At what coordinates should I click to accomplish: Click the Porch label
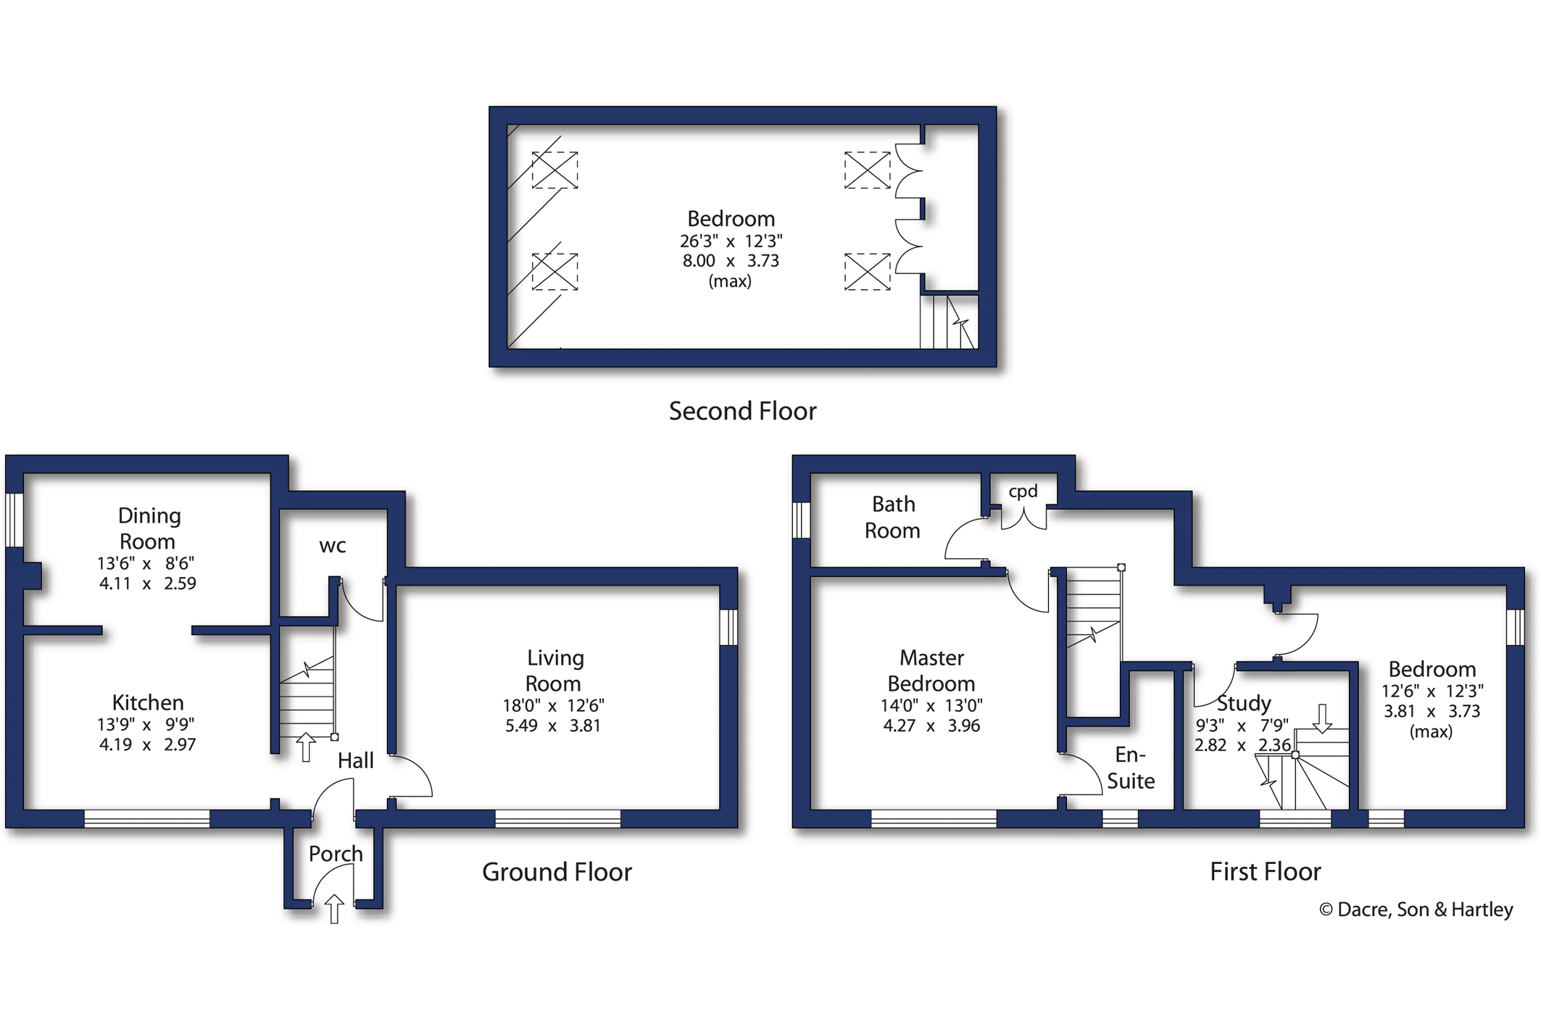click(x=336, y=854)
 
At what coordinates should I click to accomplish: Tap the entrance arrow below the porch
click(x=333, y=909)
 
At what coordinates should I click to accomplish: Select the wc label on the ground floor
click(x=333, y=546)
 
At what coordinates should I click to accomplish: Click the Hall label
click(x=356, y=760)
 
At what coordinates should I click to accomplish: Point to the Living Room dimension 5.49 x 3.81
click(x=553, y=725)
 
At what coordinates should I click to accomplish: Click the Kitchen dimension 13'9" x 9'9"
click(x=146, y=724)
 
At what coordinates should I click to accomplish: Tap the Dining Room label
click(x=149, y=528)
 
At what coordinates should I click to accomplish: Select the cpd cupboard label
click(x=1023, y=491)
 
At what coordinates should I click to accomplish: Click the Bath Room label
click(x=893, y=517)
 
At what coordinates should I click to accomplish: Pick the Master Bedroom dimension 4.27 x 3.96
click(x=931, y=725)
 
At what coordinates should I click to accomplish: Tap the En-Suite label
click(x=1131, y=768)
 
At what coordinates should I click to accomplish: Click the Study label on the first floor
click(x=1244, y=703)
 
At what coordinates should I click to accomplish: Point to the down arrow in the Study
click(x=1323, y=718)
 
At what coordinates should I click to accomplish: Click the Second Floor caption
click(x=742, y=411)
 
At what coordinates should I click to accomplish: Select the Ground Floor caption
click(x=557, y=871)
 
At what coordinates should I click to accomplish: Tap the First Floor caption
click(x=1266, y=871)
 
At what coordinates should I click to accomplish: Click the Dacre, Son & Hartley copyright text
click(x=1416, y=910)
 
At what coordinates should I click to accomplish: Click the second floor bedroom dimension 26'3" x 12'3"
click(x=731, y=241)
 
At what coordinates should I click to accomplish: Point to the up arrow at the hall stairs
click(x=306, y=747)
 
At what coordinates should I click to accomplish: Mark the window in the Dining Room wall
click(x=14, y=520)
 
